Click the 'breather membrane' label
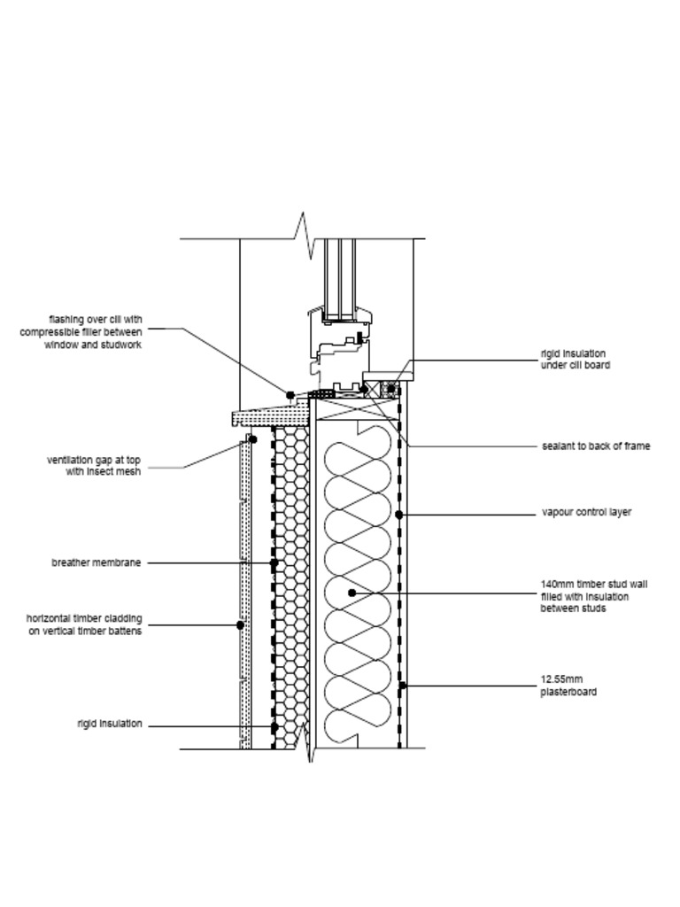96,562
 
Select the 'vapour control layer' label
586,513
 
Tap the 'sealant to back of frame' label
596,446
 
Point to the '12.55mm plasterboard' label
568,686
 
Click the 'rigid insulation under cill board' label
575,360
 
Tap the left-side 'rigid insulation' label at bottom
109,724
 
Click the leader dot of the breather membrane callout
274,562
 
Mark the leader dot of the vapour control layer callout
399,515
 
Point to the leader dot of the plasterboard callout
403,686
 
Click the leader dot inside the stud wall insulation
352,593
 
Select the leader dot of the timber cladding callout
241,625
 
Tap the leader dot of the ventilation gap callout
252,439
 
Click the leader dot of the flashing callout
290,395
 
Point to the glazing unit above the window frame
339,279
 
